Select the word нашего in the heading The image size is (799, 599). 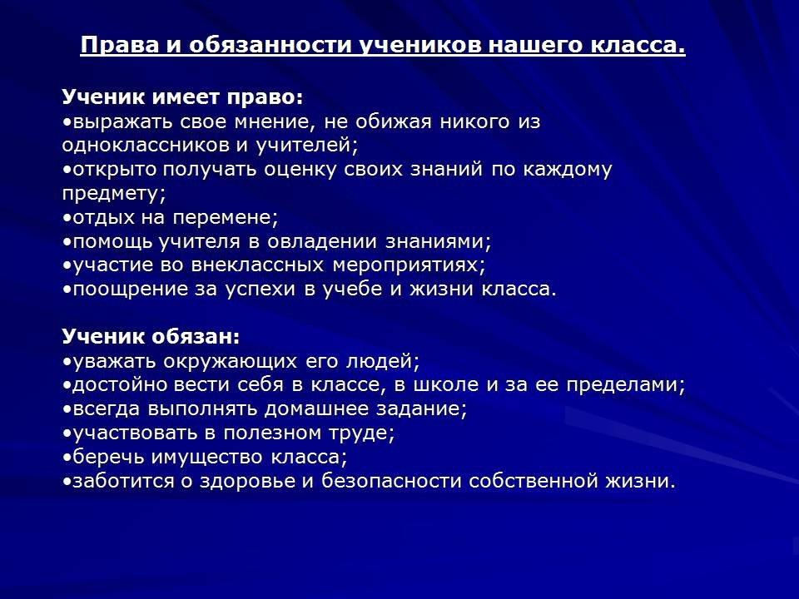(x=537, y=45)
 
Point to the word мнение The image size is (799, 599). (x=275, y=122)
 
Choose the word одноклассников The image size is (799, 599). (x=144, y=146)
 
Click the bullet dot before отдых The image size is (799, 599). (x=67, y=218)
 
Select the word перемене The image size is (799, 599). (x=226, y=218)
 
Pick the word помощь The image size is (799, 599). (x=112, y=242)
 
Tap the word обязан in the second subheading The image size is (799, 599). (x=194, y=337)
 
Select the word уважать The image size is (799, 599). (x=115, y=362)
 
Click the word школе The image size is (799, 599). (x=445, y=385)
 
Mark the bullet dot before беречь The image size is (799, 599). (x=67, y=458)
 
